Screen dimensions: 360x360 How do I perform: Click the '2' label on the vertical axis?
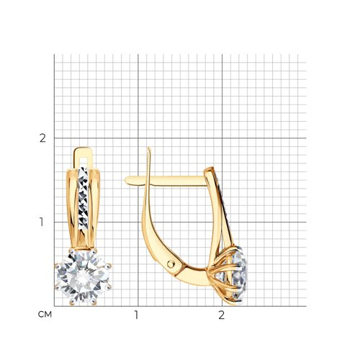pos(42,138)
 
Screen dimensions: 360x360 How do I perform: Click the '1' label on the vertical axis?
pos(42,222)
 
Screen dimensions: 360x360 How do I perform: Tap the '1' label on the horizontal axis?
pos(137,315)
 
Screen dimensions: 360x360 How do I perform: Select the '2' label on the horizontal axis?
pos(222,315)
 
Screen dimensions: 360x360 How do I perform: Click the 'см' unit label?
pos(45,315)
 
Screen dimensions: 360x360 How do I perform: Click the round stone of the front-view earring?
pos(83,276)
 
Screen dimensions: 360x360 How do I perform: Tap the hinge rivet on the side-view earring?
pos(171,264)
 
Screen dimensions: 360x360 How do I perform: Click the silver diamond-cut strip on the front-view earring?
pos(84,199)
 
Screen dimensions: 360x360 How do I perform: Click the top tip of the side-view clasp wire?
pos(149,148)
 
